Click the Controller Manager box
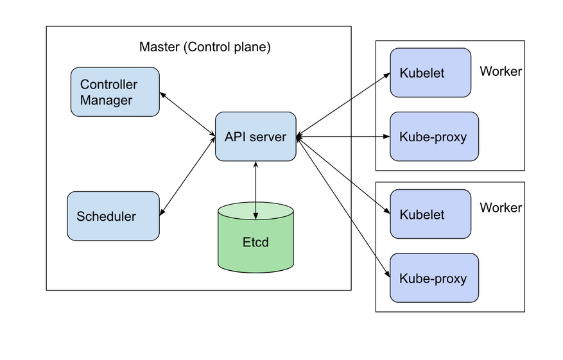(115, 92)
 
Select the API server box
(255, 136)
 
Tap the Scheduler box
(113, 216)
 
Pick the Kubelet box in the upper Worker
(430, 73)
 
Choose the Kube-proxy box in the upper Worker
(434, 136)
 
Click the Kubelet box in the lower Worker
(430, 214)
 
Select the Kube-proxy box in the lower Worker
(434, 278)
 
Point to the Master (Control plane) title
(205, 47)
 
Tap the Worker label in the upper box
(501, 71)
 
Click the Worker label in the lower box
(501, 208)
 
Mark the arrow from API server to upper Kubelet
(343, 104)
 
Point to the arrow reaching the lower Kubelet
(343, 175)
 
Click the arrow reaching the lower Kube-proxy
(343, 207)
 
